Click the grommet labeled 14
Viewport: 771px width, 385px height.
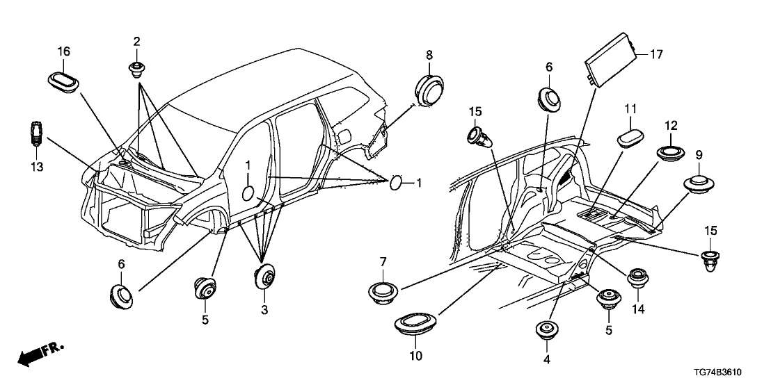click(638, 279)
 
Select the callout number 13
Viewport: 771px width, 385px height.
click(37, 167)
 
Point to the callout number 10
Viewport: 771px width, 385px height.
click(416, 357)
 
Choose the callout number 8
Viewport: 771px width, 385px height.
click(429, 54)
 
